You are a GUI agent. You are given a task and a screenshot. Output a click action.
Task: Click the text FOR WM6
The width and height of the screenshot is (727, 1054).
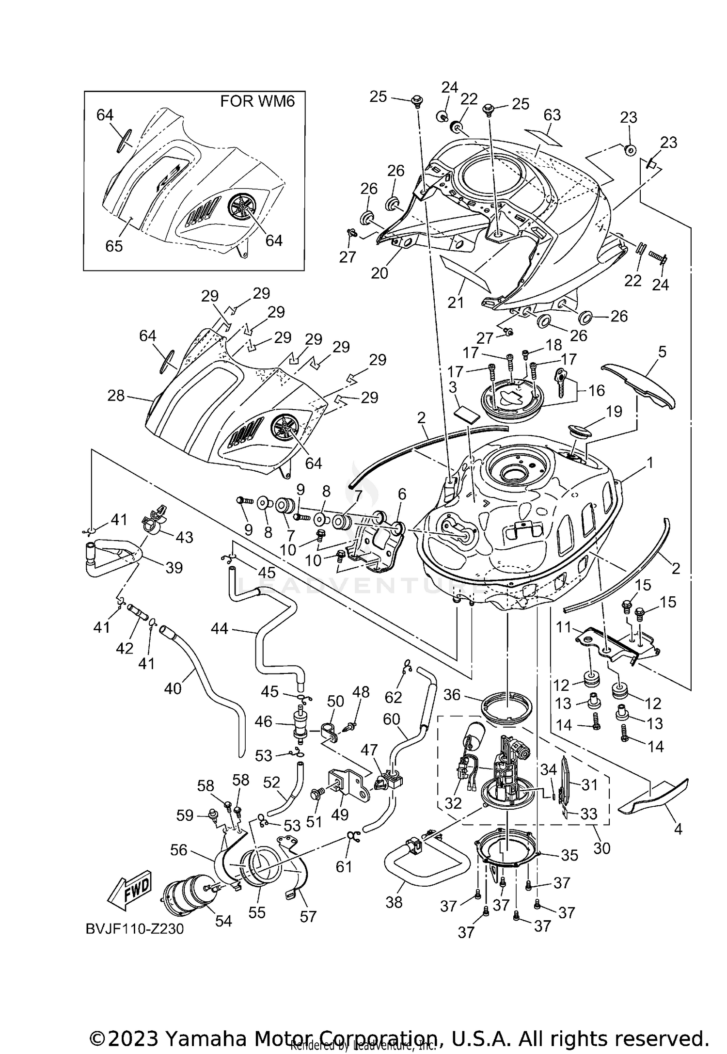[x=257, y=101]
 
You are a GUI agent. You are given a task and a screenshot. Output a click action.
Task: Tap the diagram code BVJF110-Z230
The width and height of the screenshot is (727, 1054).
[x=135, y=929]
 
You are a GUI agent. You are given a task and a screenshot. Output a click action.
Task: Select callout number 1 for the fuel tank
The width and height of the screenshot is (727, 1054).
[x=649, y=463]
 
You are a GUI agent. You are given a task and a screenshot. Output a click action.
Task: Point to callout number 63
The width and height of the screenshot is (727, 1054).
[x=552, y=115]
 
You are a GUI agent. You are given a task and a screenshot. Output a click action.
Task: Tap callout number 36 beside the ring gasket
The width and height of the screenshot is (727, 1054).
[x=452, y=695]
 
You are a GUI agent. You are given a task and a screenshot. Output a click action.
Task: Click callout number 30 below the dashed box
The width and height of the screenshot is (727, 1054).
[x=601, y=848]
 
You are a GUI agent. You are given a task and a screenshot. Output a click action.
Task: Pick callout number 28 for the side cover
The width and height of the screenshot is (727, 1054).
[x=116, y=396]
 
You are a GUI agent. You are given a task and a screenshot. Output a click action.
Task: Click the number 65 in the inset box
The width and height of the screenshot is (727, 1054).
[x=114, y=246]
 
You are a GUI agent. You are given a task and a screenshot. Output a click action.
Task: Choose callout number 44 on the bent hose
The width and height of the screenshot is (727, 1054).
[x=220, y=629]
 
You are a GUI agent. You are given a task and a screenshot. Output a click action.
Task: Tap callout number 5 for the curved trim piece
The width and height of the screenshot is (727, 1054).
[x=662, y=351]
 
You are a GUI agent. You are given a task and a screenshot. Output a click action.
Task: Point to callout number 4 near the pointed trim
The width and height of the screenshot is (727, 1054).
[x=678, y=829]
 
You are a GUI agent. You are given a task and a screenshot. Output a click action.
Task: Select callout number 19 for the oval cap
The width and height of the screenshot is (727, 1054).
[x=614, y=412]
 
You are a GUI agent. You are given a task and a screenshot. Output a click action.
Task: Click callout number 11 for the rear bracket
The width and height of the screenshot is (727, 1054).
[x=564, y=627]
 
